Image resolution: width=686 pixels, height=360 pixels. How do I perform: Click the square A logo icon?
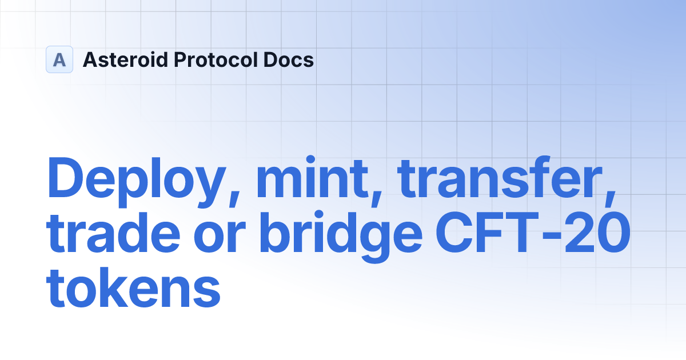[x=59, y=59]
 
